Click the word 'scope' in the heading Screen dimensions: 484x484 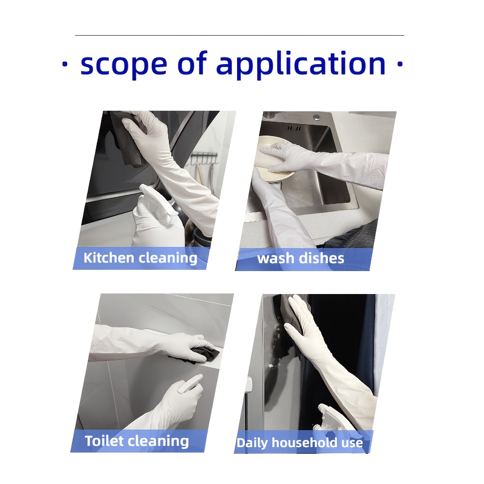click(123, 65)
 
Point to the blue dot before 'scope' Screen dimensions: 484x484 click(65, 64)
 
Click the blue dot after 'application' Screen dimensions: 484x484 click(400, 64)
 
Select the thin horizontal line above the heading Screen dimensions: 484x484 click(240, 36)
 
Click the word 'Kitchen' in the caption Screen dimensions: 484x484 click(109, 258)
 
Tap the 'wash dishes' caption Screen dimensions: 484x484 click(301, 258)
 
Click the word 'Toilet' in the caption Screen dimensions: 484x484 click(104, 440)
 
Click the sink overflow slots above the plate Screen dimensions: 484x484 click(294, 128)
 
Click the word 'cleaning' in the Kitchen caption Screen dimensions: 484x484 click(168, 258)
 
